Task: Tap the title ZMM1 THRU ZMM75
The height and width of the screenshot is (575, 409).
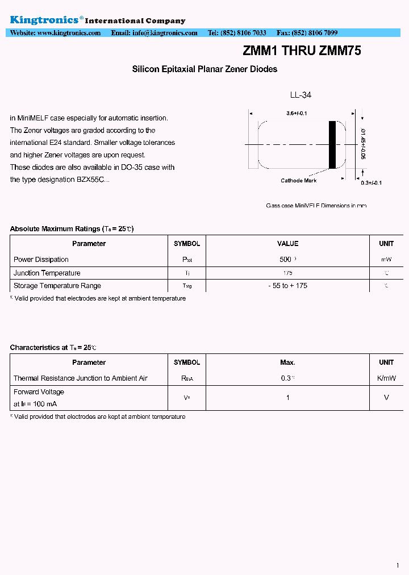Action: pos(302,51)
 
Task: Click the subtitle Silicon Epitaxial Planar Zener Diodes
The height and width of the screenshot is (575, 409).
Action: pos(204,69)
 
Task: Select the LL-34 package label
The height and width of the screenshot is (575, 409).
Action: pos(301,95)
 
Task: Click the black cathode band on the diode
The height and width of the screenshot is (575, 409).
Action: pos(332,145)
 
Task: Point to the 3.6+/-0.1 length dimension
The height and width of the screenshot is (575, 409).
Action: pos(297,114)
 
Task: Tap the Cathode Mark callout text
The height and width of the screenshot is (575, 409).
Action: pos(299,181)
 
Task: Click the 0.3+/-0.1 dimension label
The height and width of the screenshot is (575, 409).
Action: pos(372,182)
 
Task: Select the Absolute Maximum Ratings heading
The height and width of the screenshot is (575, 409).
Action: pos(72,229)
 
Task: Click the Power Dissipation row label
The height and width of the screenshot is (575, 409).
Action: pos(41,260)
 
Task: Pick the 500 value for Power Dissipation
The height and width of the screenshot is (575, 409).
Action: pos(286,260)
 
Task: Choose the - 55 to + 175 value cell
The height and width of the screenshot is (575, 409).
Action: pos(287,286)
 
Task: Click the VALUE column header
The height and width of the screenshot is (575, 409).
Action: pos(287,244)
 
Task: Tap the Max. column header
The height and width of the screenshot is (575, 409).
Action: pos(287,363)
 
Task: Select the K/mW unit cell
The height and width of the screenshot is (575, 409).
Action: pos(386,378)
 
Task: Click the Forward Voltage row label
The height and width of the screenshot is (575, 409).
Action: pos(39,392)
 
